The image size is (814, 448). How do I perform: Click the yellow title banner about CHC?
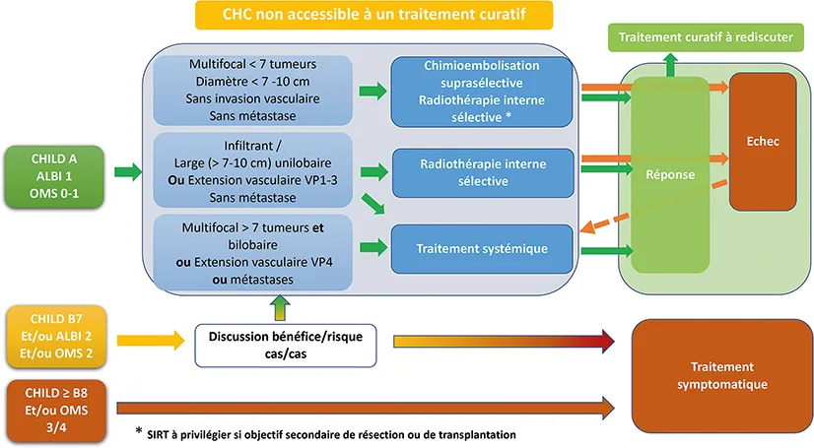tap(373, 15)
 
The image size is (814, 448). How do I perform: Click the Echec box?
tap(762, 141)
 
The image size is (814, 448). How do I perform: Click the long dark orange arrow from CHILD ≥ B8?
tap(365, 405)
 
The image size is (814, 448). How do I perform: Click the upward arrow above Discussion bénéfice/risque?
tap(280, 309)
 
